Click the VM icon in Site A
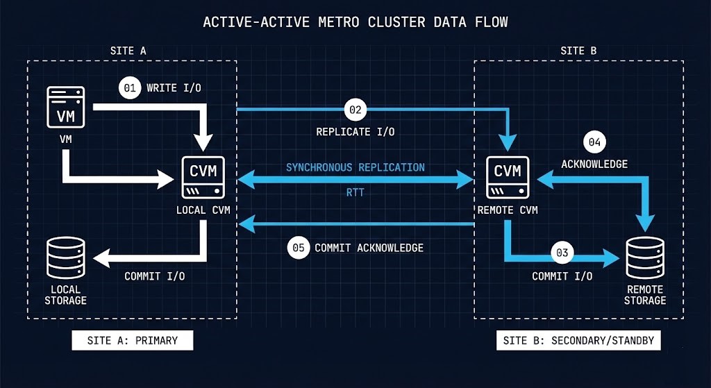pyautogui.click(x=65, y=107)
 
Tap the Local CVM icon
pyautogui.click(x=203, y=177)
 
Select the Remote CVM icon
pyautogui.click(x=508, y=177)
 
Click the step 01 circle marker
pyautogui.click(x=128, y=88)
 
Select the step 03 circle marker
pyautogui.click(x=562, y=253)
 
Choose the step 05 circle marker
pyautogui.click(x=298, y=248)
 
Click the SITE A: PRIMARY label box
pyautogui.click(x=133, y=341)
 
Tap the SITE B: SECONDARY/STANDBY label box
pyautogui.click(x=578, y=341)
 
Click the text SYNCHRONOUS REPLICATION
pyautogui.click(x=355, y=167)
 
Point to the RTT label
pyautogui.click(x=355, y=193)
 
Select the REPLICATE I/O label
pyautogui.click(x=355, y=131)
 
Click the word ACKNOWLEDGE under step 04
pyautogui.click(x=594, y=165)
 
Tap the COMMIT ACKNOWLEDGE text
pyautogui.click(x=369, y=248)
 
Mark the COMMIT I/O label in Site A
pyautogui.click(x=154, y=276)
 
